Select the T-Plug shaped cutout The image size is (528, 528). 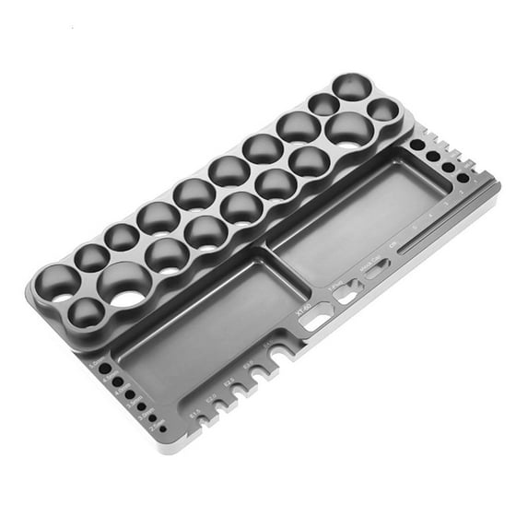[346, 295]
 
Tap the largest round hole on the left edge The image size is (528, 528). [104, 368]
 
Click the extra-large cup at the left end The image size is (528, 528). [126, 284]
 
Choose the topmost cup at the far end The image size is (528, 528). [352, 87]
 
